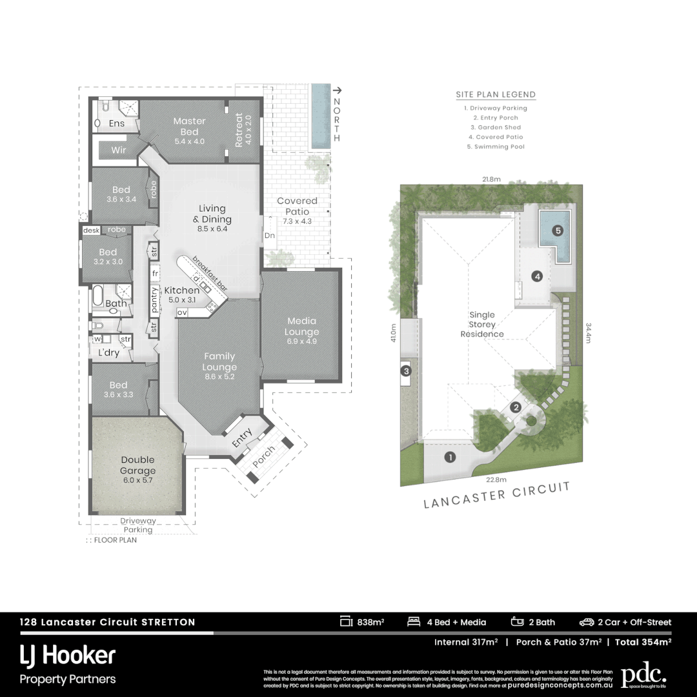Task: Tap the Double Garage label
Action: tap(137, 465)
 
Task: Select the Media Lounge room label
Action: tap(303, 327)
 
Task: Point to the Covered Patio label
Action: tap(297, 206)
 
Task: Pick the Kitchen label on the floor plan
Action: tap(181, 290)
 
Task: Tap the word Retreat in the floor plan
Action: tap(239, 129)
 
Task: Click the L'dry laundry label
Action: tap(108, 353)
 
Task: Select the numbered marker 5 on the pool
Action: tap(558, 230)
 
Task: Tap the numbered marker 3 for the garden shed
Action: tap(406, 371)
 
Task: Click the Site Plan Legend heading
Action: tap(496, 94)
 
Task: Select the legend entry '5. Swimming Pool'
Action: tap(496, 146)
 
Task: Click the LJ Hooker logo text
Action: tap(67, 656)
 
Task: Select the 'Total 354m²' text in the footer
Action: tap(643, 641)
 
